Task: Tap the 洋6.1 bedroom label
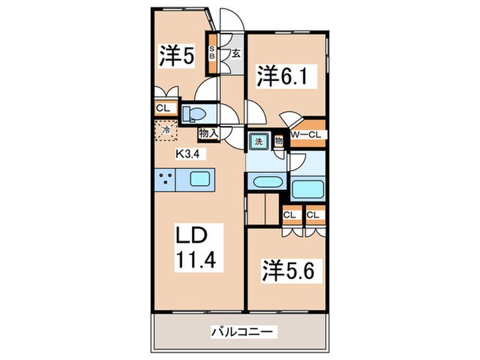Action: point(279,75)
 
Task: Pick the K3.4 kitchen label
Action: point(187,154)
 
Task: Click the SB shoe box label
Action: point(213,53)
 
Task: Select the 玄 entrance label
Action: point(235,53)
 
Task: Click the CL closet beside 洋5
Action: point(163,108)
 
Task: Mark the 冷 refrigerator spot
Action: point(166,130)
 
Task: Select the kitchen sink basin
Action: point(204,182)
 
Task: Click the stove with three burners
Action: point(167,182)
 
